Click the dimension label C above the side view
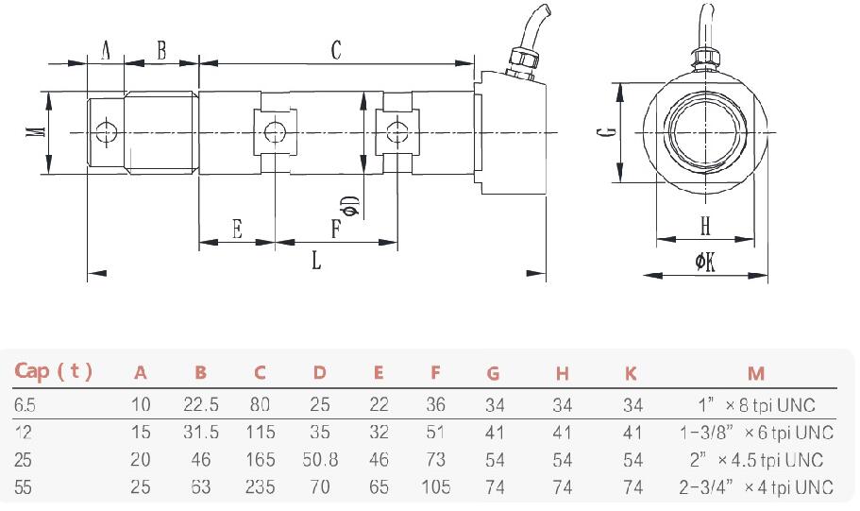point(335,51)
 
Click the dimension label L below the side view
point(316,260)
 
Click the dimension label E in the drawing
point(237,229)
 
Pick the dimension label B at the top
point(161,51)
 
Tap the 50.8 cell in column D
point(319,460)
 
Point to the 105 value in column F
point(435,487)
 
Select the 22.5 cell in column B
point(200,405)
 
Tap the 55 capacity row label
point(24,487)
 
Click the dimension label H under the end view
point(705,227)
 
